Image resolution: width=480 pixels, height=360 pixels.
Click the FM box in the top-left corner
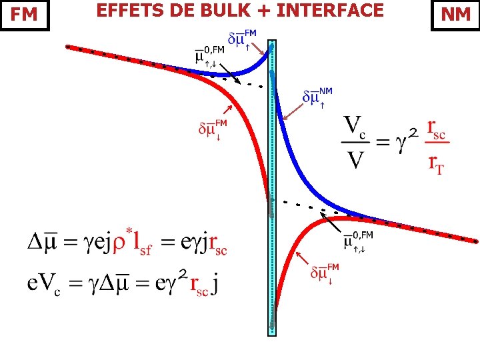coord(25,15)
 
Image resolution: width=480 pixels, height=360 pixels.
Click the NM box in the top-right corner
coord(455,15)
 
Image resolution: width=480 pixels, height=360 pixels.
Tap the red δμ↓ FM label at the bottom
coord(325,273)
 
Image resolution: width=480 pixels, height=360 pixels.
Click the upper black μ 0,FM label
coord(211,55)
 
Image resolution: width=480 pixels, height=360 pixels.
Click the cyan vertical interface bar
coord(271,187)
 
